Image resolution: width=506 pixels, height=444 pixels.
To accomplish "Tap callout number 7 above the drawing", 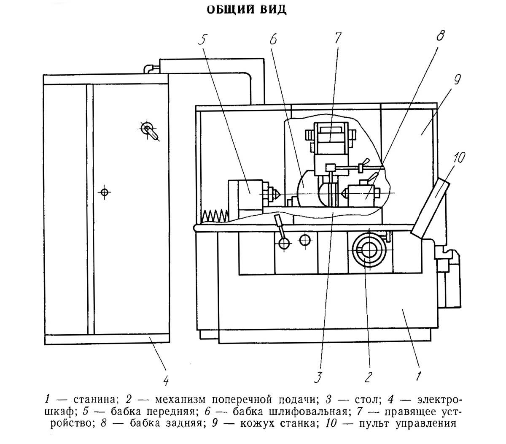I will tap(337, 38).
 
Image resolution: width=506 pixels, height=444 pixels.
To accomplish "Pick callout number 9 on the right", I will tap(458, 80).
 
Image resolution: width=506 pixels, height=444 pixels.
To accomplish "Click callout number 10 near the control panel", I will tap(459, 158).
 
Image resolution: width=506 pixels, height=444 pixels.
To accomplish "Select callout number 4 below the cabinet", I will tap(166, 381).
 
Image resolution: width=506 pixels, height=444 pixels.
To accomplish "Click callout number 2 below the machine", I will tap(368, 376).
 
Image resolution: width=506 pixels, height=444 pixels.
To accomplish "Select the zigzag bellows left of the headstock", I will tap(215, 216).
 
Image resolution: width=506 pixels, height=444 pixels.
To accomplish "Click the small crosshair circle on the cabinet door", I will tap(104, 192).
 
